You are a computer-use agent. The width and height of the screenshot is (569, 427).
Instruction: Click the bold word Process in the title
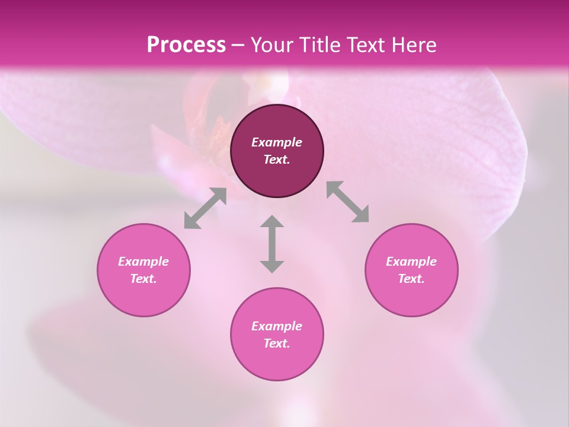pos(186,45)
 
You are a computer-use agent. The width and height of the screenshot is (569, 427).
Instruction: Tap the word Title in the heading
pos(317,45)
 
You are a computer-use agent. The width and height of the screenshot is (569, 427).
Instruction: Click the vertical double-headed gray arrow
pos(272,244)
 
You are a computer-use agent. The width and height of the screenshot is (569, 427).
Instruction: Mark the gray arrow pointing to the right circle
pos(348,202)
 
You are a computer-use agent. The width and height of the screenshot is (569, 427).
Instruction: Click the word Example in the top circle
pos(277,142)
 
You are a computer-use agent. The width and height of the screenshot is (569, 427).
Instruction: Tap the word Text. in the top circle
pos(277,160)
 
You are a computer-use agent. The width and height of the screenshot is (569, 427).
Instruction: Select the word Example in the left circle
pos(143,262)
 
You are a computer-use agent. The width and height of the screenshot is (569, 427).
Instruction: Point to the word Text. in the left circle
pos(143,279)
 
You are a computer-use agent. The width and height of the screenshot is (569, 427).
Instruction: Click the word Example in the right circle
pos(411,262)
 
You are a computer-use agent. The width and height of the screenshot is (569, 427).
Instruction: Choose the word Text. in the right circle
pos(411,279)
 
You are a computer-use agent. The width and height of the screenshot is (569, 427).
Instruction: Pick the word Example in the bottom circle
pos(277,326)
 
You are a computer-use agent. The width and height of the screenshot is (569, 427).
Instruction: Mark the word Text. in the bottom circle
pos(277,343)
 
